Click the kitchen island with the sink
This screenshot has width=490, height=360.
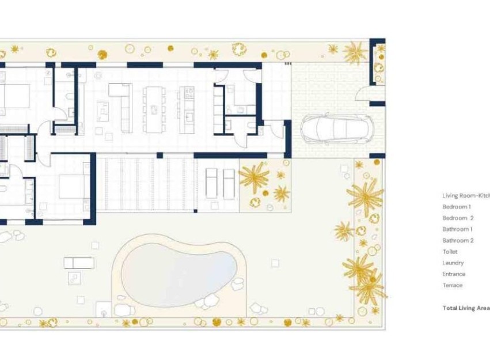tap(187, 108)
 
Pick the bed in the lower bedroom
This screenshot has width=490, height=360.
tap(74, 186)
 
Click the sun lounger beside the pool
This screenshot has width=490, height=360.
tap(78, 263)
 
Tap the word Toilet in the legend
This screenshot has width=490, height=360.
tap(450, 252)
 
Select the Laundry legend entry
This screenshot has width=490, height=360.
tap(453, 263)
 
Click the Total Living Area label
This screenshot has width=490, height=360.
tap(465, 308)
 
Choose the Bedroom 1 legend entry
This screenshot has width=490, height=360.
tap(457, 206)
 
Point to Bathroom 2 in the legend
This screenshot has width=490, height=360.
tap(458, 240)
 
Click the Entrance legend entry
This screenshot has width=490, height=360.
tap(454, 274)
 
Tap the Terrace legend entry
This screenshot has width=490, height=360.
tap(452, 285)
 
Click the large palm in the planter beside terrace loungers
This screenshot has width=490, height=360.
tap(253, 176)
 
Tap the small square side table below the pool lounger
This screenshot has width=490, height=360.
tap(74, 278)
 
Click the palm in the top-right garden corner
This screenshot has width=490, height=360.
tap(355, 53)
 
